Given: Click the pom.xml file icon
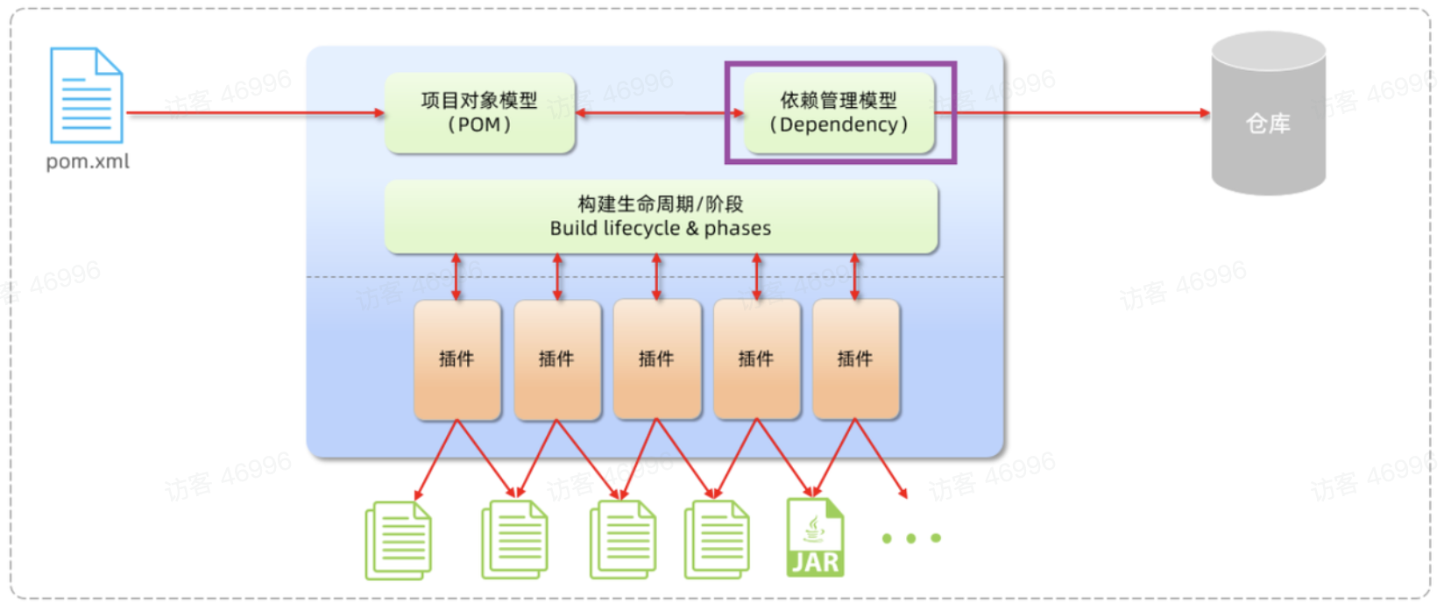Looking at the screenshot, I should click(x=86, y=96).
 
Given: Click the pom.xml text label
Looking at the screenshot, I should click(x=88, y=162).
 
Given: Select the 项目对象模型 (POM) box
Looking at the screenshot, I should click(x=479, y=113).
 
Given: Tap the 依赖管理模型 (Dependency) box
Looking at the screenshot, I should click(x=839, y=113).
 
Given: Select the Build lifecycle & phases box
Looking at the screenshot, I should click(x=661, y=217).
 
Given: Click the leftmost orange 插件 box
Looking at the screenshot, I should click(x=457, y=359).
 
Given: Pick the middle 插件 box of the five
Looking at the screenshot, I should click(x=657, y=359).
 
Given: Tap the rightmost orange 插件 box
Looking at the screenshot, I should click(x=856, y=359).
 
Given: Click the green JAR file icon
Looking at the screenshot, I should click(x=815, y=537).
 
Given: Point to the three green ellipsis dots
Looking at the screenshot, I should click(x=911, y=538).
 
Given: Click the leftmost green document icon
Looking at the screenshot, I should click(x=399, y=540).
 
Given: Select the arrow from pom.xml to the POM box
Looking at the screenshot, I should click(x=254, y=113).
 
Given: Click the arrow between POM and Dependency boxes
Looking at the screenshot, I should click(x=659, y=113).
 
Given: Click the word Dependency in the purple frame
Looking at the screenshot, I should click(x=839, y=125).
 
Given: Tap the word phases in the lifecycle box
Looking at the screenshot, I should click(x=738, y=229).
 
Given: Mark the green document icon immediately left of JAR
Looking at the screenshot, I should click(x=717, y=540).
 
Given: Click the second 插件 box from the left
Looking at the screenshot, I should click(x=557, y=359).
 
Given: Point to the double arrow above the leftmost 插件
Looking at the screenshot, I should click(x=457, y=277).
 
